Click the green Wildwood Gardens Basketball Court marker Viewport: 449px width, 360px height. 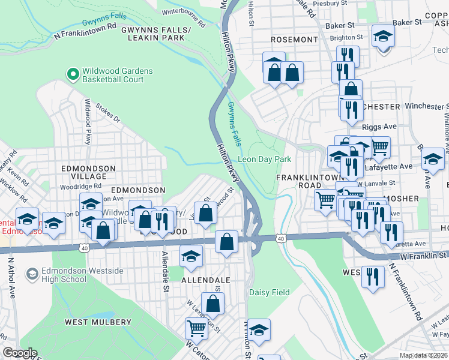(x=73, y=74)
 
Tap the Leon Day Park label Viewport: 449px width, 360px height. (x=264, y=160)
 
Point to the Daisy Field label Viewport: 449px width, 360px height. (x=270, y=293)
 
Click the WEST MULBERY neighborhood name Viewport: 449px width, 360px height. (x=94, y=322)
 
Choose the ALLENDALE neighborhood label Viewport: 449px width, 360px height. (x=207, y=280)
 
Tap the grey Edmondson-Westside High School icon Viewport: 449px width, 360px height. (x=32, y=274)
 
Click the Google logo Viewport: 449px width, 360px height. (x=19, y=352)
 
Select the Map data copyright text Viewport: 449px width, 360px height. (x=424, y=355)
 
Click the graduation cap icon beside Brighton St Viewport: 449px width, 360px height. (x=382, y=37)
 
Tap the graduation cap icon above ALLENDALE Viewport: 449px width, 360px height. (x=191, y=256)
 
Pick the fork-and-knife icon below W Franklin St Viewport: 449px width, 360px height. (x=373, y=277)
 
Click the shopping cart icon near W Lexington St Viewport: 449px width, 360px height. (x=196, y=328)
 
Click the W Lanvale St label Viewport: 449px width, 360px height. (x=375, y=182)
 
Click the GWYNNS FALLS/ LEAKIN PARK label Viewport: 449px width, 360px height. (x=155, y=34)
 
